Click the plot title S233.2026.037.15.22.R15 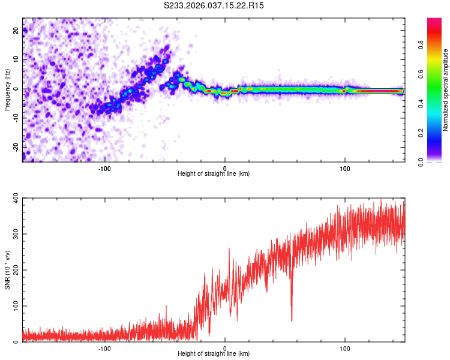coord(214,5)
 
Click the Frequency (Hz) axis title coord(7,90)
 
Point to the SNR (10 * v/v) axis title coord(7,269)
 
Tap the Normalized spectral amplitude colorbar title coord(446,90)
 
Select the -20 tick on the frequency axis coord(15,147)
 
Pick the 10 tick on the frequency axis coord(16,60)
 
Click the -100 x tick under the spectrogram coord(104,168)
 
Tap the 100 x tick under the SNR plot coord(345,348)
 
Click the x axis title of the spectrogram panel coord(214,174)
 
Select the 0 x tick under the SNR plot coord(225,348)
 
